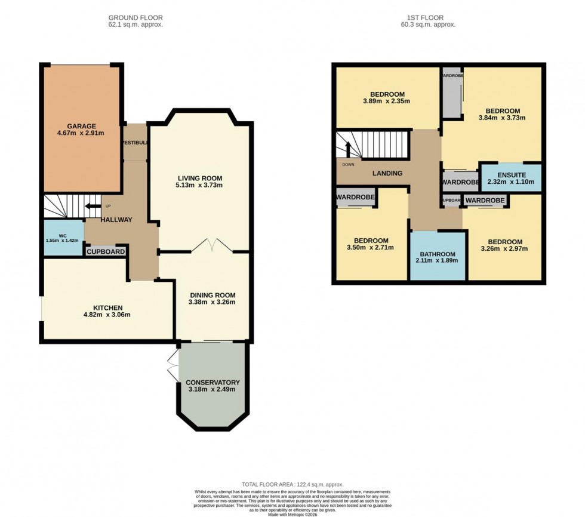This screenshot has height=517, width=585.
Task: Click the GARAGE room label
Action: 81,127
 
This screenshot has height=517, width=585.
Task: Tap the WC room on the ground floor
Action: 63,238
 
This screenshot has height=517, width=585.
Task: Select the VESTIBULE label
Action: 134,143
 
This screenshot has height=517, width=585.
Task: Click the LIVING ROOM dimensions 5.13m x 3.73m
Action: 200,185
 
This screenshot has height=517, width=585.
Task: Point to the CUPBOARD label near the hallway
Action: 106,252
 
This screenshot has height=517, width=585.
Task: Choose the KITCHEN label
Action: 107,307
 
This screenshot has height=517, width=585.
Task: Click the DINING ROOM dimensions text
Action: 213,302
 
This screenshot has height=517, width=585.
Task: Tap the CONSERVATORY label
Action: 213,383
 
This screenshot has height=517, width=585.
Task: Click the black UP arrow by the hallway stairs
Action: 92,207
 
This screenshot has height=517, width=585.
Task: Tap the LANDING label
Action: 387,173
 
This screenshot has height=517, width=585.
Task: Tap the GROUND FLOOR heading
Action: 135,18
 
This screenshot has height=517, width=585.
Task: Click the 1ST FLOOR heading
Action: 428,18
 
